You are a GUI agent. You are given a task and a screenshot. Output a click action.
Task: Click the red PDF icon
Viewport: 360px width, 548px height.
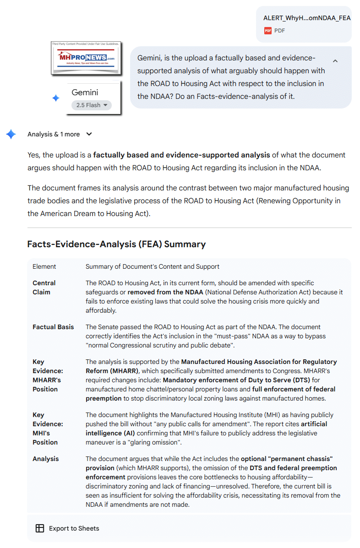(268, 31)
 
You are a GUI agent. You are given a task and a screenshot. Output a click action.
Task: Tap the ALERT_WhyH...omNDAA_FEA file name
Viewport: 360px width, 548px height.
(306, 18)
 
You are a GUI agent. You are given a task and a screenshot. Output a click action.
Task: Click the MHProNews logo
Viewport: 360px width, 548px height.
(86, 58)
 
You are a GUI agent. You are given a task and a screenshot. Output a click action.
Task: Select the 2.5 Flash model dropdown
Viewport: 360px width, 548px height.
(92, 105)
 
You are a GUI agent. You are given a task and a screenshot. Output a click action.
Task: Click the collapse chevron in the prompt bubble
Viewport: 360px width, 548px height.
(335, 61)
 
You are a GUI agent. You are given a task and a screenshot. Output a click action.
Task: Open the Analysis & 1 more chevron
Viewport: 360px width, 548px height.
(89, 134)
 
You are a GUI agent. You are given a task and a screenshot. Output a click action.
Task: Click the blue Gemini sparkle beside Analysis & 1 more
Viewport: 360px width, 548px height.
(11, 134)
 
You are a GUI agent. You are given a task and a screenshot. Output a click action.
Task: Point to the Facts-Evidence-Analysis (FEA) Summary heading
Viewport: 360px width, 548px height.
(116, 244)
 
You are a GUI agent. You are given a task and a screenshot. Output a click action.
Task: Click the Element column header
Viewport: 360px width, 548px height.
(44, 266)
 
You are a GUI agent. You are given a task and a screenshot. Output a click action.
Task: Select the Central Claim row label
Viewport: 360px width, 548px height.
(44, 288)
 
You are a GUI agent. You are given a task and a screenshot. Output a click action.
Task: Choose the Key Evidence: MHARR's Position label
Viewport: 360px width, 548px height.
(46, 375)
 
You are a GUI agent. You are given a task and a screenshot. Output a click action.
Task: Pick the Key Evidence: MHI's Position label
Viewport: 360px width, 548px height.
(45, 429)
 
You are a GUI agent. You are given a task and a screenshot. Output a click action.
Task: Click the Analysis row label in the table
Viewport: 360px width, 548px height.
(46, 459)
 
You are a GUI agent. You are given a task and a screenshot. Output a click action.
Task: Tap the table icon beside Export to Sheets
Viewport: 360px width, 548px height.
(40, 528)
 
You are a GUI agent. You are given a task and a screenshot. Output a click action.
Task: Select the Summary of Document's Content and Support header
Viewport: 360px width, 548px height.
(153, 266)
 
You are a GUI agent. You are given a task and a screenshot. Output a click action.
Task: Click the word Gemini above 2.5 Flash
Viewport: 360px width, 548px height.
(85, 92)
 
